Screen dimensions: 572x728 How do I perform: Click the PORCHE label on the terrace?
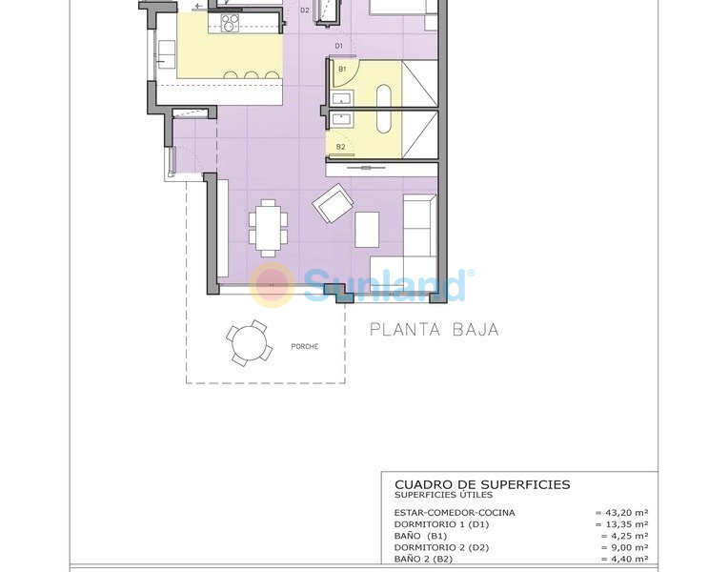[306, 346]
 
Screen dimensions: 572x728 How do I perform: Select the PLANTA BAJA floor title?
[434, 330]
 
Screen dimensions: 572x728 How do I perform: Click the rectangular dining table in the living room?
[268, 228]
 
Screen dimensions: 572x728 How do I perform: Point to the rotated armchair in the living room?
[333, 202]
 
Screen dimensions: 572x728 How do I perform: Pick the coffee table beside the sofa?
[367, 229]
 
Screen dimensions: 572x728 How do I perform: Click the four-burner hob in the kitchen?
[230, 21]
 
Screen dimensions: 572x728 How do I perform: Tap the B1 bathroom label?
[341, 70]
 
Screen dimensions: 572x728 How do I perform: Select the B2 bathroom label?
[340, 147]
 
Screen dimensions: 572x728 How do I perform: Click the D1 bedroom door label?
[338, 46]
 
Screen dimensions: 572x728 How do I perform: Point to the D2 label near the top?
[305, 10]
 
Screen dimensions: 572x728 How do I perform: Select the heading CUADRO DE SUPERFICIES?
[482, 484]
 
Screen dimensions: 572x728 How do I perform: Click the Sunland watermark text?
[386, 284]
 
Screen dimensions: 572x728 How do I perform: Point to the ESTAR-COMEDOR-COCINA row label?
[455, 513]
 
